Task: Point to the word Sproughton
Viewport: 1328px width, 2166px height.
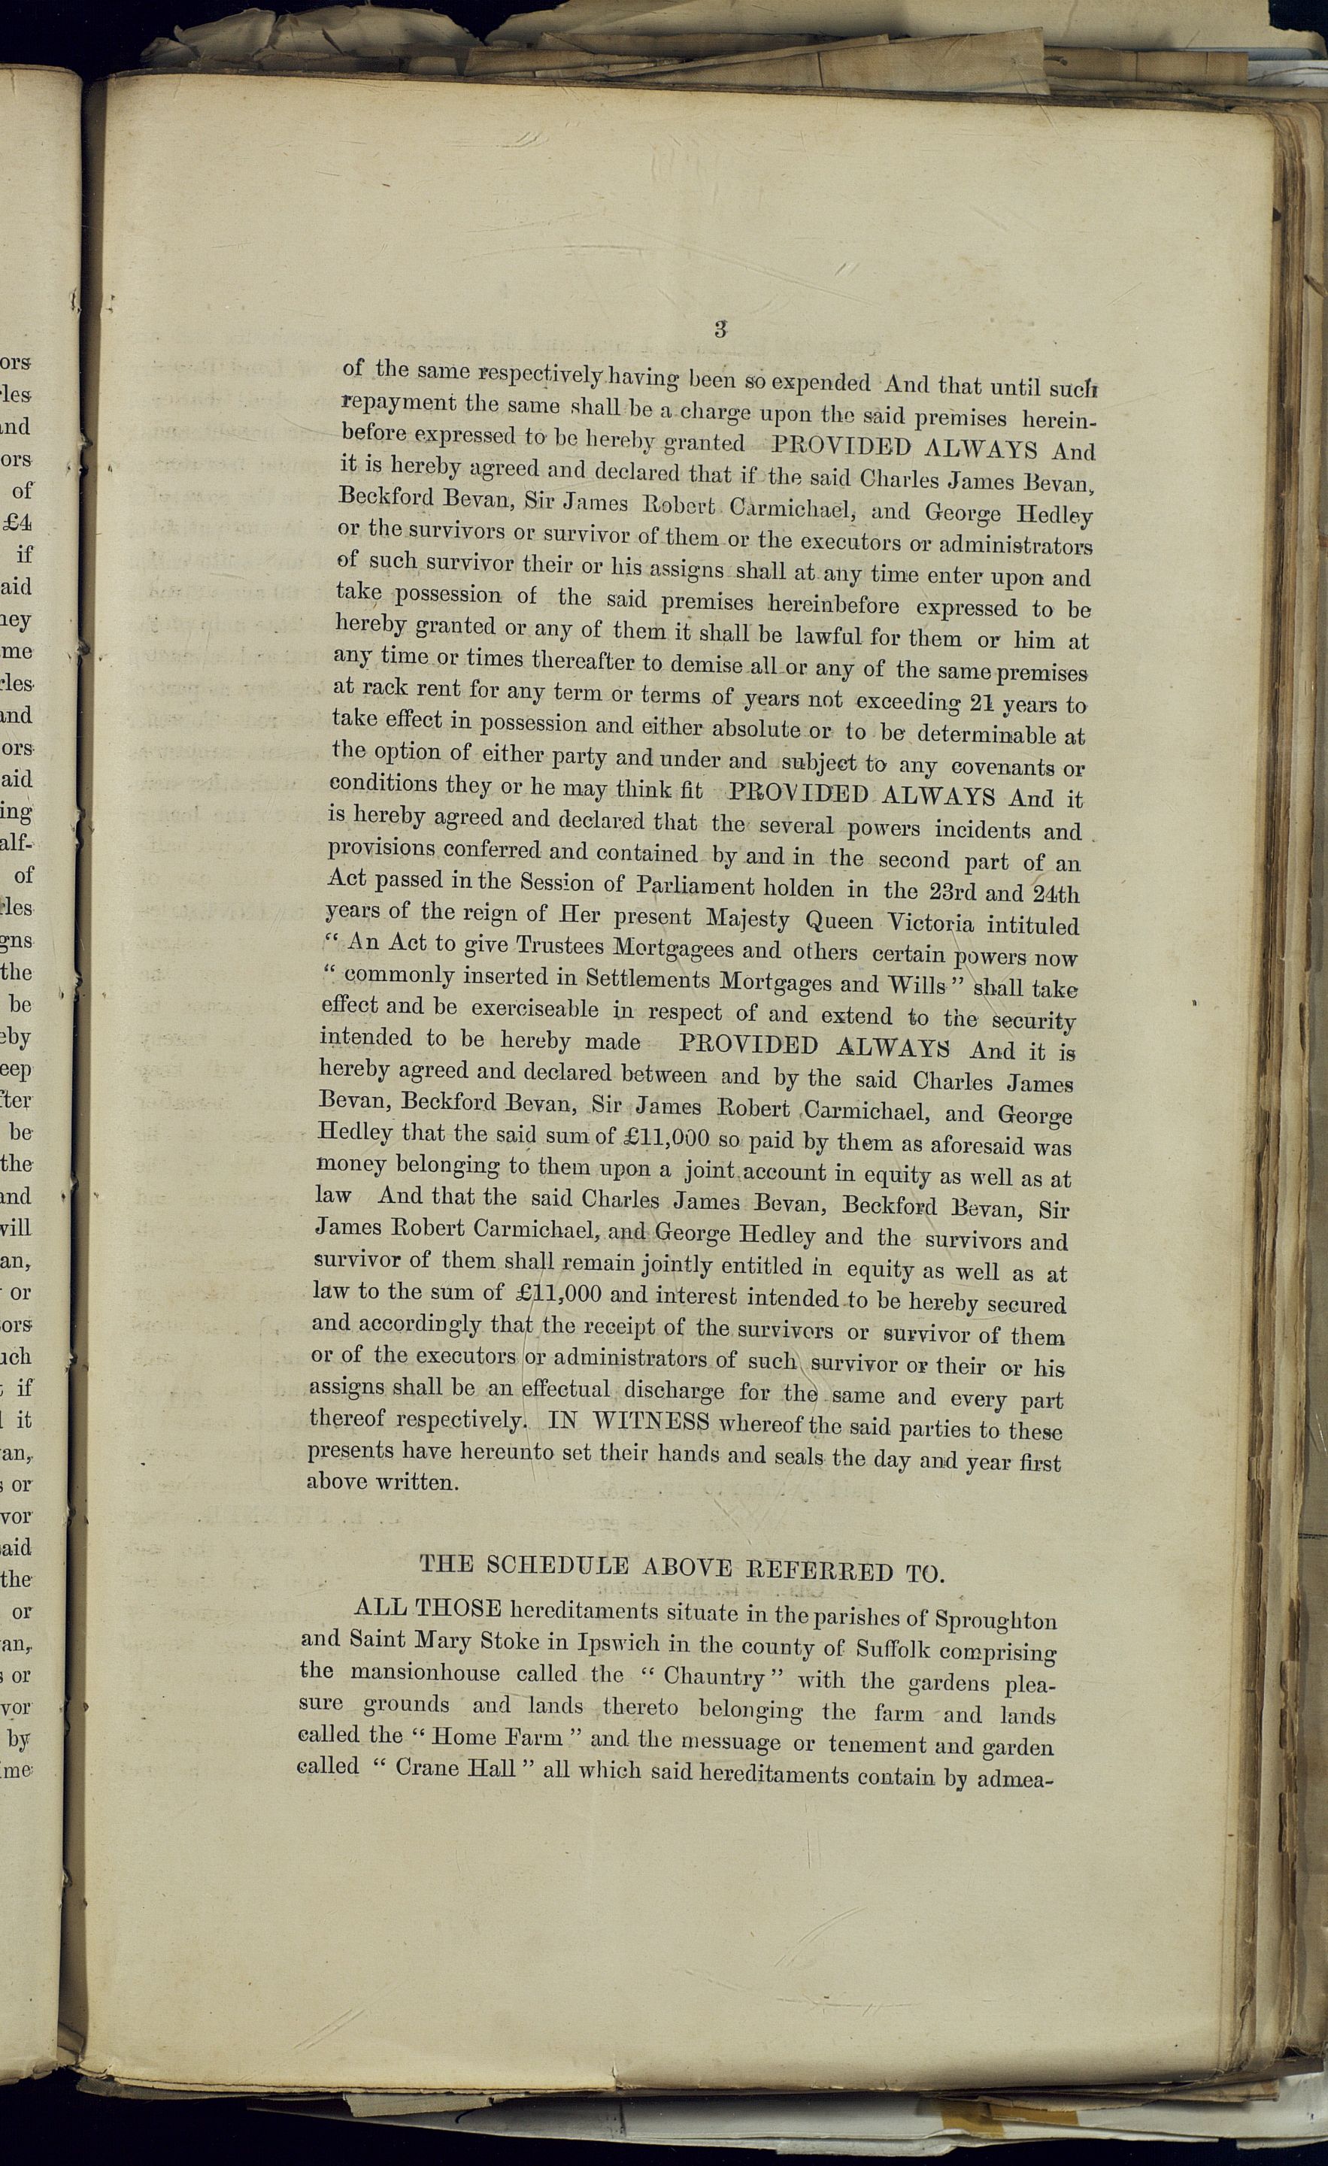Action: (996, 1619)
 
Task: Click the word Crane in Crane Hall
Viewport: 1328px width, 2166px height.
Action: (426, 1767)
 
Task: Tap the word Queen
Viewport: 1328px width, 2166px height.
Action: (839, 920)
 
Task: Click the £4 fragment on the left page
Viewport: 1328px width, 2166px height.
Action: (17, 523)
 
